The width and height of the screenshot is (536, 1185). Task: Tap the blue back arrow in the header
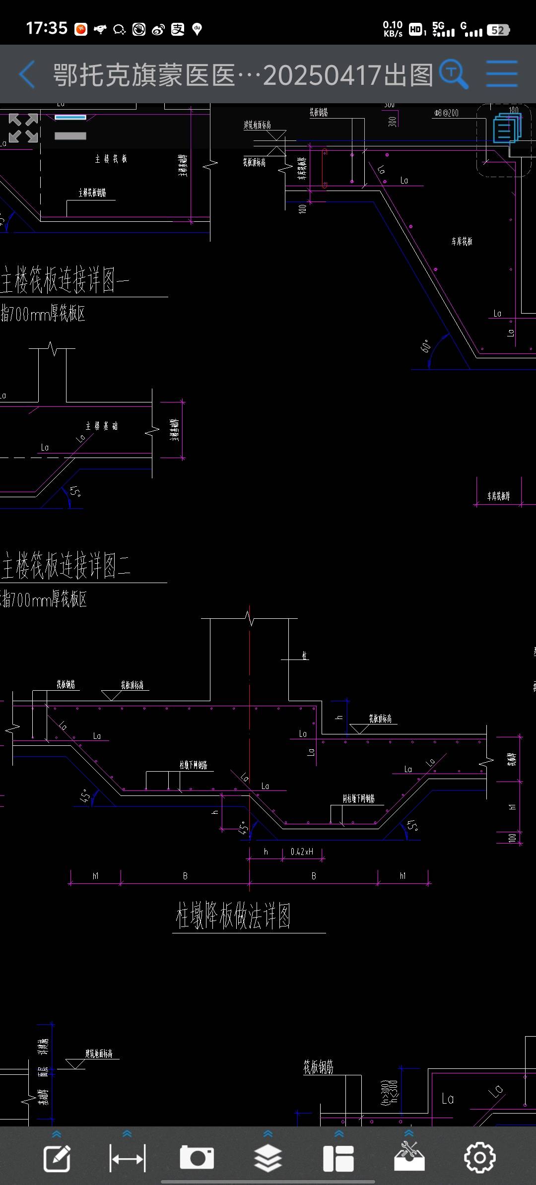pyautogui.click(x=27, y=74)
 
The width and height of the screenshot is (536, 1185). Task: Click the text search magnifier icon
pyautogui.click(x=454, y=74)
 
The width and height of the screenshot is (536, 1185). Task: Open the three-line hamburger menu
pyautogui.click(x=502, y=74)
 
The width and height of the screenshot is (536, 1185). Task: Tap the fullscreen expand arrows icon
pyautogui.click(x=23, y=128)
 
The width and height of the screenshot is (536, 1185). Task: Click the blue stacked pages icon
pyautogui.click(x=507, y=128)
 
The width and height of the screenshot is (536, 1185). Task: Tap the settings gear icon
pyautogui.click(x=479, y=1157)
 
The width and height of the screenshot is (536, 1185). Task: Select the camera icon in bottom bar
pyautogui.click(x=197, y=1157)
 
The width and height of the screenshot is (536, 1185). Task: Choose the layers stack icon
pyautogui.click(x=268, y=1157)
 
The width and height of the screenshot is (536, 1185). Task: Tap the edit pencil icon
pyautogui.click(x=57, y=1158)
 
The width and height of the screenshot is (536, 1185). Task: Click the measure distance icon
pyautogui.click(x=128, y=1158)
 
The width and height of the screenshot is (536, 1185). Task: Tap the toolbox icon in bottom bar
pyautogui.click(x=409, y=1157)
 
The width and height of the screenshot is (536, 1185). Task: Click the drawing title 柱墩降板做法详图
pyautogui.click(x=233, y=916)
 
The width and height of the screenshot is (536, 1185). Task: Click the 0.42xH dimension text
pyautogui.click(x=302, y=852)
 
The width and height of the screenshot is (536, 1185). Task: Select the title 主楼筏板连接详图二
pyautogui.click(x=66, y=566)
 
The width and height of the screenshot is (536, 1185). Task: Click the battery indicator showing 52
pyautogui.click(x=498, y=30)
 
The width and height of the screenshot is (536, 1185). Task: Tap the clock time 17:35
pyautogui.click(x=47, y=28)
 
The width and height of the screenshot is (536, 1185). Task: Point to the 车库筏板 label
pyautogui.click(x=462, y=242)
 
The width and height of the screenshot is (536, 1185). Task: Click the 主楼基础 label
pyautogui.click(x=102, y=426)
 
